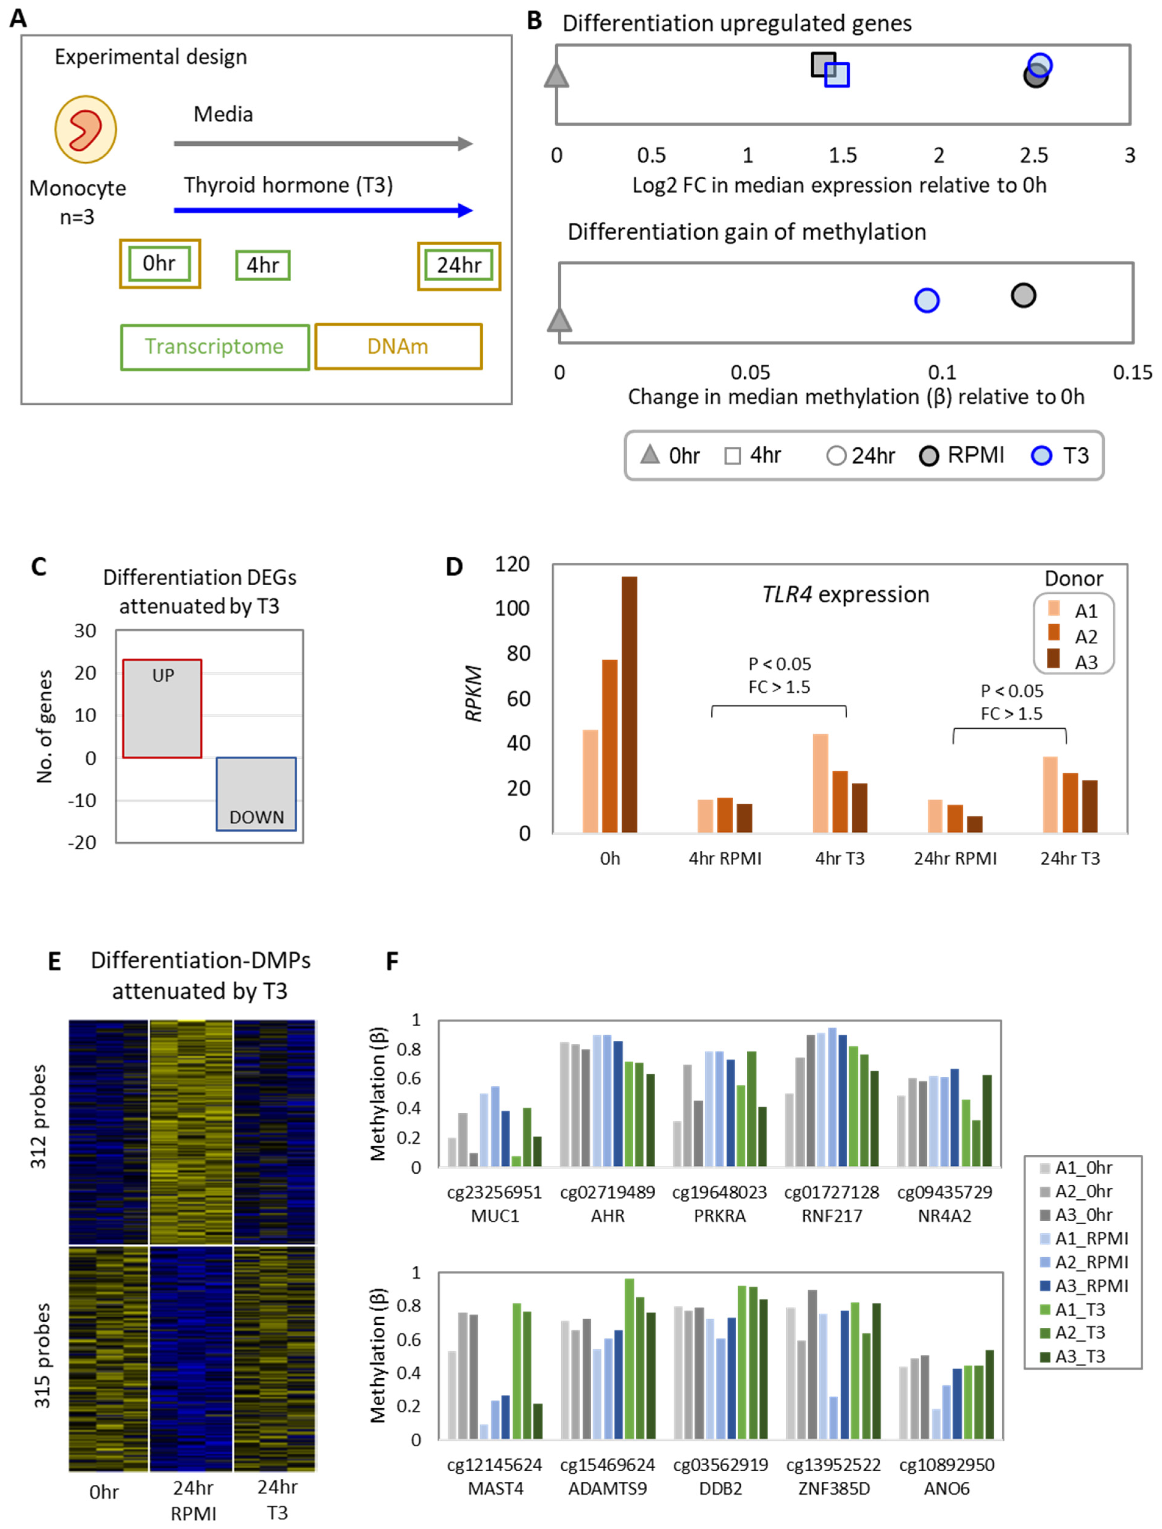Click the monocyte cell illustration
86,129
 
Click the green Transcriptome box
214,346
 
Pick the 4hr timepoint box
263,265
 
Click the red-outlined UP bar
162,709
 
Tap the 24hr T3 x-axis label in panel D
1069,859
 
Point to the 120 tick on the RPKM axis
512,565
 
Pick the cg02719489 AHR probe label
607,1204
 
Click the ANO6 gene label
946,1488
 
